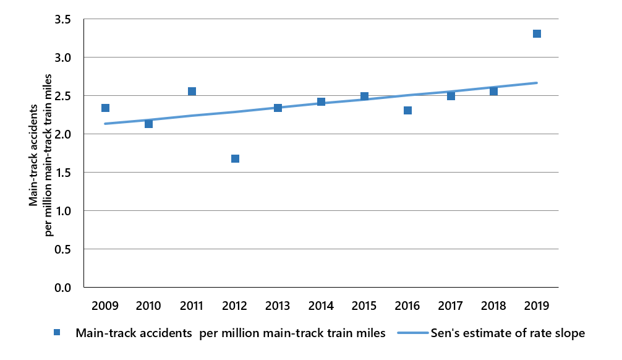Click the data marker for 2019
coord(537,33)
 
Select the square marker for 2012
coord(235,158)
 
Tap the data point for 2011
coord(192,92)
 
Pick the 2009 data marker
coord(106,108)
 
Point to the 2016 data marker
coord(407,110)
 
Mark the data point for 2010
coord(148,124)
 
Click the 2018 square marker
coord(493,91)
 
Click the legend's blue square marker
coord(57,333)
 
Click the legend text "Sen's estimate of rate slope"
coord(508,333)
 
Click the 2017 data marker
coord(451,95)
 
